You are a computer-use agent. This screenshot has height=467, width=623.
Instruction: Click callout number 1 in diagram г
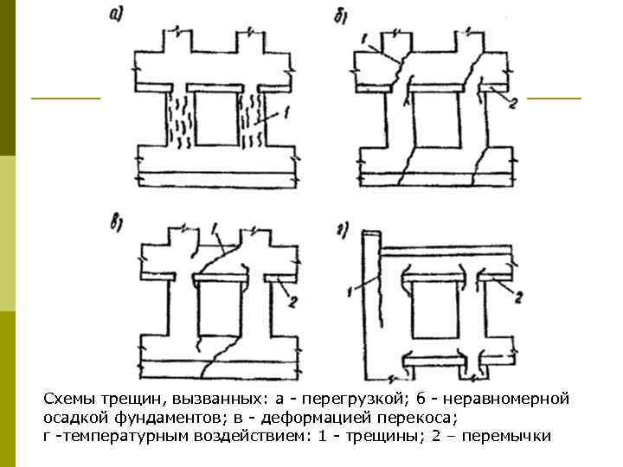348,291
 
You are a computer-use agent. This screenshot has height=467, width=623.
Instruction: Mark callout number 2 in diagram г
518,297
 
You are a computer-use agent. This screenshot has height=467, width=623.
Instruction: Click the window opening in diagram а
213,119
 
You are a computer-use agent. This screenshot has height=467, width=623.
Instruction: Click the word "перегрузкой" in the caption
347,400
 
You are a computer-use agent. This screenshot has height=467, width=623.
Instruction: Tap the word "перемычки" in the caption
507,435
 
